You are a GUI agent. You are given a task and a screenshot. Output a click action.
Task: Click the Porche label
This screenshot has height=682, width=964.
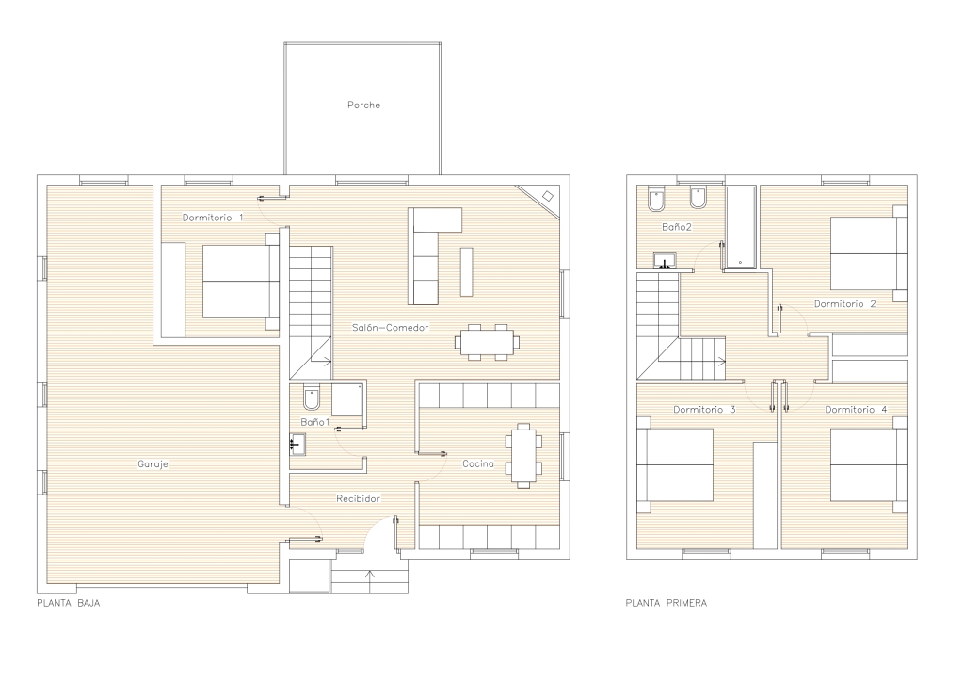[364, 106]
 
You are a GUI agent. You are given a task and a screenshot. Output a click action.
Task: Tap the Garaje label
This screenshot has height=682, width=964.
[153, 464]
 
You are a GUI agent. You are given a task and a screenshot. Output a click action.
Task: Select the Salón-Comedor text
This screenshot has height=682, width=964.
[391, 328]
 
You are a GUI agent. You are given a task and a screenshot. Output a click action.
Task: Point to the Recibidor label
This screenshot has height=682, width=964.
[358, 498]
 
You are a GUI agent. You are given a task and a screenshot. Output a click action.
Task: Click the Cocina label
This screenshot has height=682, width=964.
[478, 463]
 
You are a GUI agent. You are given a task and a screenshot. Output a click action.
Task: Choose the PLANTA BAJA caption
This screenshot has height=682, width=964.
[68, 603]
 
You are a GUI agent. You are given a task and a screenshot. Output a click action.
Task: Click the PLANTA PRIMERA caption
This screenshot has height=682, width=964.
[667, 603]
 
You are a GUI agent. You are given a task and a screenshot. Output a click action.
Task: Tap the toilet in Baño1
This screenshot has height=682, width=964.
[312, 398]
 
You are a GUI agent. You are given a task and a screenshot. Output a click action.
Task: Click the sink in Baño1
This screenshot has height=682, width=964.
[297, 445]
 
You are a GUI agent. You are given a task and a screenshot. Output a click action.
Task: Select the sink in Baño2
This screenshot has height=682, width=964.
[665, 261]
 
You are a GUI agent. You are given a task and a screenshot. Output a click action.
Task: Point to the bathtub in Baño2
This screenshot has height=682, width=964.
[741, 227]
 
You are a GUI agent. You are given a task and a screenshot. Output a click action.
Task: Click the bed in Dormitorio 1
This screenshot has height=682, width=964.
[241, 282]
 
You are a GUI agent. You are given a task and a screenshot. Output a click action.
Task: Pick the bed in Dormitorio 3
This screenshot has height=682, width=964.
[675, 465]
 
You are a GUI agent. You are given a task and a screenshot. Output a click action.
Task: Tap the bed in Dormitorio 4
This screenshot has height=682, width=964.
[869, 465]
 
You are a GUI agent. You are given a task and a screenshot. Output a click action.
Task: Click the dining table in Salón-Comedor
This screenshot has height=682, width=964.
[487, 342]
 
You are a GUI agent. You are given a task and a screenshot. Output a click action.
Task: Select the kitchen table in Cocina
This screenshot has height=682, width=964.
[523, 456]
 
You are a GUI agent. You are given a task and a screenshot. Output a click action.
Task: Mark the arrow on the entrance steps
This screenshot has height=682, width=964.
[370, 582]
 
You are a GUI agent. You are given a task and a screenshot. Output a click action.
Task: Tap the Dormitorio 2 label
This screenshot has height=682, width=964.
[844, 304]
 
